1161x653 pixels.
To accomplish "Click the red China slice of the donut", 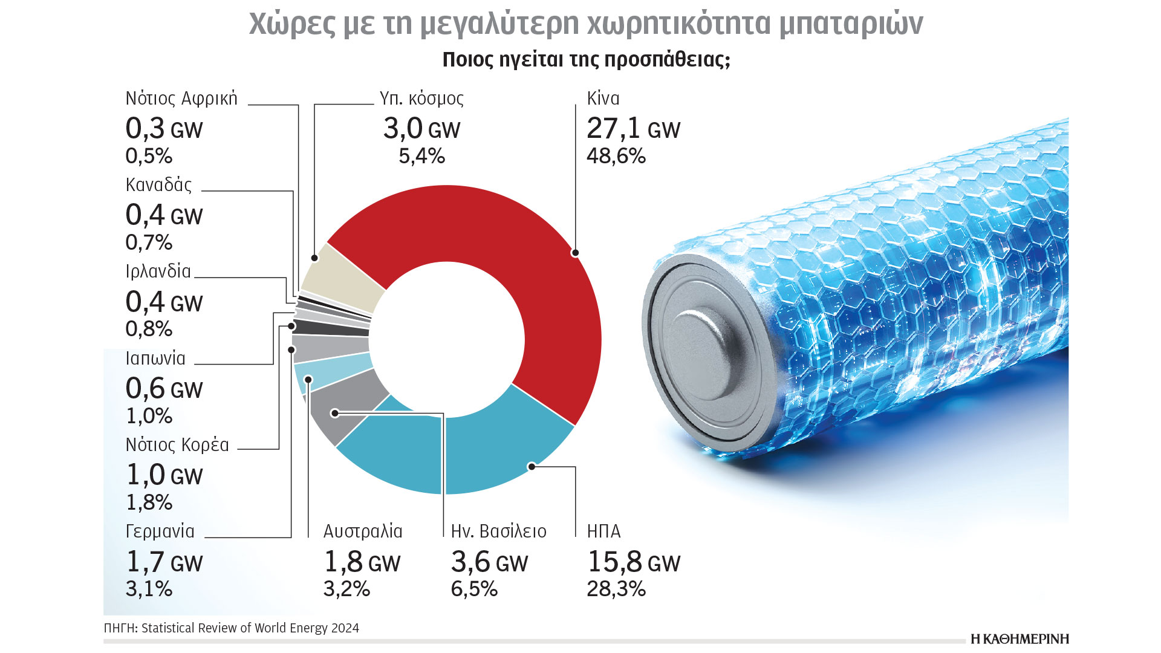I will (514, 254).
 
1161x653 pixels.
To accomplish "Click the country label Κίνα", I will (603, 99).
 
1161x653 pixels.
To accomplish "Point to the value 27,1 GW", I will (633, 129).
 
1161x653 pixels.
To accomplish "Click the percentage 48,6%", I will (616, 156).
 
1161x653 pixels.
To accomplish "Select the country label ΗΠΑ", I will (603, 531).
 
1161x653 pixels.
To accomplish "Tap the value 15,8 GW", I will (633, 562).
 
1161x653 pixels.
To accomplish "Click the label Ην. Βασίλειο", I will (498, 531).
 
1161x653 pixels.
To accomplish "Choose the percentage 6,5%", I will (474, 589).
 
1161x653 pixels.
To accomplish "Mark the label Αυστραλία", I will (363, 531).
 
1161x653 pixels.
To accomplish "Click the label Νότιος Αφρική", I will (181, 99).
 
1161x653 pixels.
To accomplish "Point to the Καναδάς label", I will (158, 185).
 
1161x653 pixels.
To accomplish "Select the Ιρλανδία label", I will (158, 271).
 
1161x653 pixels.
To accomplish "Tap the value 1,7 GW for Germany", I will (164, 562).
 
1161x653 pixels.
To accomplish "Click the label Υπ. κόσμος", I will (421, 99).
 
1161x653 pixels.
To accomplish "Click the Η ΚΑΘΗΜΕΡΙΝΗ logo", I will (1020, 639).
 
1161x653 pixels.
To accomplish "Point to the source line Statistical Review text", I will (232, 628).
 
